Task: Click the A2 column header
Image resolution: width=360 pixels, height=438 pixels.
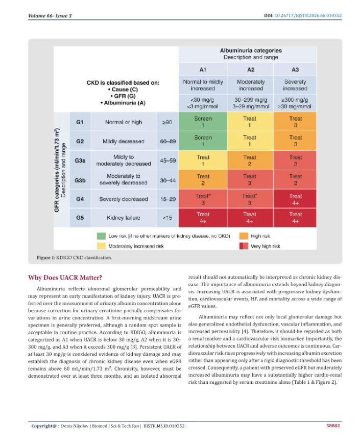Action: tap(250, 70)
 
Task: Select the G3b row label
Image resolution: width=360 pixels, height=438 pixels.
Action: tap(80, 180)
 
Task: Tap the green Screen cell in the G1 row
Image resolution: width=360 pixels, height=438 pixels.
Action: tap(203, 122)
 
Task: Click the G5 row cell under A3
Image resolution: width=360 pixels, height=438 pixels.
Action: tap(295, 218)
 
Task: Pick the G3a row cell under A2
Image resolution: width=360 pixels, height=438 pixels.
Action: tap(250, 160)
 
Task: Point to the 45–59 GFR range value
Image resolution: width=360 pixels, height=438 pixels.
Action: tap(167, 160)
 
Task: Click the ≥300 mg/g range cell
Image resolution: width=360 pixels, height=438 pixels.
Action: tap(295, 103)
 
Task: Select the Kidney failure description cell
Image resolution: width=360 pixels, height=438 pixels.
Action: tap(124, 218)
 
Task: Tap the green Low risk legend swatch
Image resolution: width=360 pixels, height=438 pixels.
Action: tap(101, 236)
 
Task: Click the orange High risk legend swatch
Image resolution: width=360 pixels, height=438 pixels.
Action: tap(244, 236)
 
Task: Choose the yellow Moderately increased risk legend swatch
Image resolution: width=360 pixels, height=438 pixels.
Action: tap(101, 246)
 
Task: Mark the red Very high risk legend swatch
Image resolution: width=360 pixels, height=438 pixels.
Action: tap(244, 246)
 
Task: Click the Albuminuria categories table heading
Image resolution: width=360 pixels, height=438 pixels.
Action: tap(251, 51)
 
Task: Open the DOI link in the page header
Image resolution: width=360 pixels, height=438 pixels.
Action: tap(308, 16)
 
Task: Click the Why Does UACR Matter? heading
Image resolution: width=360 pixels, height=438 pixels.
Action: tap(65, 278)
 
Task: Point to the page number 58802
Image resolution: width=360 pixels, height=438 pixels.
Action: tap(333, 426)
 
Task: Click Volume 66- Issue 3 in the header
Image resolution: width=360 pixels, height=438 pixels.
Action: tap(50, 16)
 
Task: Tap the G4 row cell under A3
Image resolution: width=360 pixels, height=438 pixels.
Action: tap(295, 199)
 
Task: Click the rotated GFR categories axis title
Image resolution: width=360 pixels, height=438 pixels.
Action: tap(57, 170)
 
